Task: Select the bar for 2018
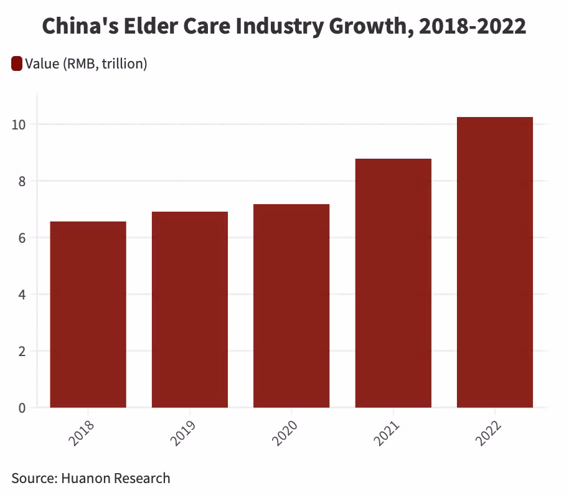tap(88, 314)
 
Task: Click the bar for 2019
tap(189, 309)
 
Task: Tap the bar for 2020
tap(291, 306)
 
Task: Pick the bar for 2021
tap(393, 283)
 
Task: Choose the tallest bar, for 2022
tap(494, 262)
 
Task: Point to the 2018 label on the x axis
tap(82, 433)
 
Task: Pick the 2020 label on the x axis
tap(285, 433)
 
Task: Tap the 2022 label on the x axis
tap(489, 433)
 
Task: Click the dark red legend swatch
tap(17, 63)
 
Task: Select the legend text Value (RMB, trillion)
tap(86, 63)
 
